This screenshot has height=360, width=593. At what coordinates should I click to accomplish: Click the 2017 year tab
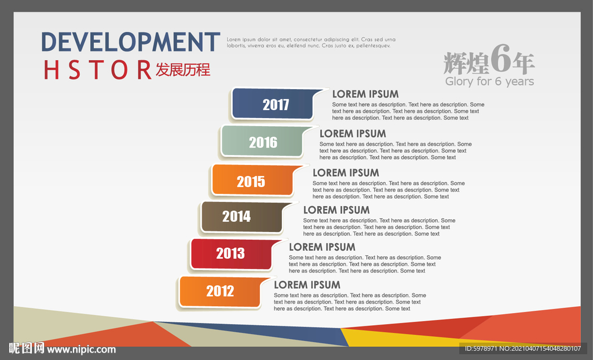point(273,104)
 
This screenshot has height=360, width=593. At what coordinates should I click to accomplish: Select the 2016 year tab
point(262,141)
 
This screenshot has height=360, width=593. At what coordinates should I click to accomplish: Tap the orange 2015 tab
point(252,180)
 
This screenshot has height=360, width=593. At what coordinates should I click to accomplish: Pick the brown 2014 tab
point(242,217)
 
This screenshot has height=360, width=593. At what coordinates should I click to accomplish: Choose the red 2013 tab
point(232,254)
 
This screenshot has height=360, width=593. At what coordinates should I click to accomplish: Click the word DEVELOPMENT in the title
point(130,42)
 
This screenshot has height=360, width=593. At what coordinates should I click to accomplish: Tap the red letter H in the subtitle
point(52,70)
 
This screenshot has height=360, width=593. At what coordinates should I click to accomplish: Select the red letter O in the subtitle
point(119,70)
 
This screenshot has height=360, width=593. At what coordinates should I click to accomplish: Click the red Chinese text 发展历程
point(183,69)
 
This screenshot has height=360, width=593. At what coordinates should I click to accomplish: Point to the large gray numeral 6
point(501,58)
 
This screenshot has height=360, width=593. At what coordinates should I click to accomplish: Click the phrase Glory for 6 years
point(489,81)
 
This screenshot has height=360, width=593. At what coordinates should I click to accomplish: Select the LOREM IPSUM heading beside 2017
point(365,94)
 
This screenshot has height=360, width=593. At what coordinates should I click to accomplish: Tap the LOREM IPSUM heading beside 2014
point(336,210)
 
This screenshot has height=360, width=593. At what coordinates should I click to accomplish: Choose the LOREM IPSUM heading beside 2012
point(307,285)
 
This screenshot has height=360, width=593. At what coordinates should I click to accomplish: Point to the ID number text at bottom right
point(523,348)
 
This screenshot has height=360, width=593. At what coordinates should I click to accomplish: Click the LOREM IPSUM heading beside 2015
point(346,173)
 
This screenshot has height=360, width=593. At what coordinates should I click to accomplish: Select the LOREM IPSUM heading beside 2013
point(322,247)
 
